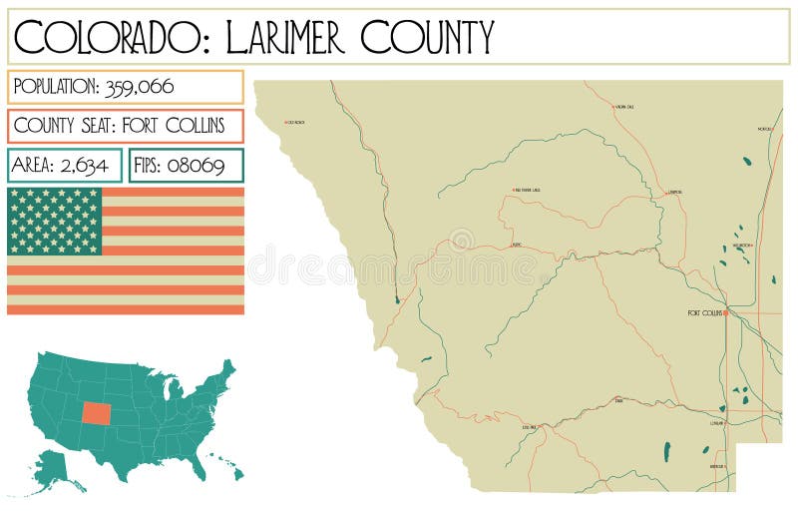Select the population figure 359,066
click(x=139, y=87)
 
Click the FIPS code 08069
click(x=195, y=165)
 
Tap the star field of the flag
click(x=55, y=221)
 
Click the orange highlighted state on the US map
click(x=98, y=412)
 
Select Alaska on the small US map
click(x=53, y=467)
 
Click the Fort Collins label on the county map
click(x=704, y=313)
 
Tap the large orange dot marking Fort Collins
click(x=725, y=313)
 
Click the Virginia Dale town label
click(x=624, y=106)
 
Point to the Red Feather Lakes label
click(x=527, y=190)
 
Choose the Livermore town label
click(x=675, y=192)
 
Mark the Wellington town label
click(x=741, y=245)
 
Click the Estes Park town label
click(x=529, y=427)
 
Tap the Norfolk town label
click(x=764, y=129)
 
